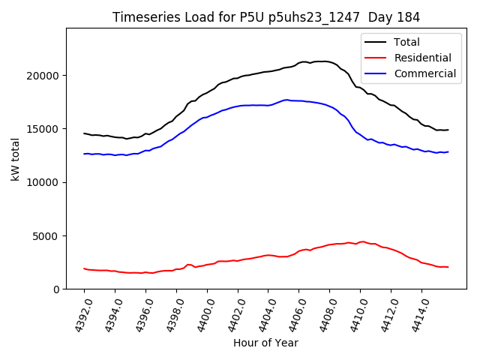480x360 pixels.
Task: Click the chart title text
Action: coord(266,17)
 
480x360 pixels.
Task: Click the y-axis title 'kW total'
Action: coord(16,158)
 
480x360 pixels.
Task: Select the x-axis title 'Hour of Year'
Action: coord(265,343)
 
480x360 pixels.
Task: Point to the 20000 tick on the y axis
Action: coord(43,76)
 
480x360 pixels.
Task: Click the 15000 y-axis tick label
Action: coord(43,129)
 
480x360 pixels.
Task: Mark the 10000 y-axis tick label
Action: coord(43,182)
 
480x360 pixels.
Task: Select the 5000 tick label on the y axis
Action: coord(46,236)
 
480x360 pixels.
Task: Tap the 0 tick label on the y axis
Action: coord(56,289)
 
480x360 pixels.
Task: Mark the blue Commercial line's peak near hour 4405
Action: coord(286,100)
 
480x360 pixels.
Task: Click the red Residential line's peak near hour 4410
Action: coord(363,241)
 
